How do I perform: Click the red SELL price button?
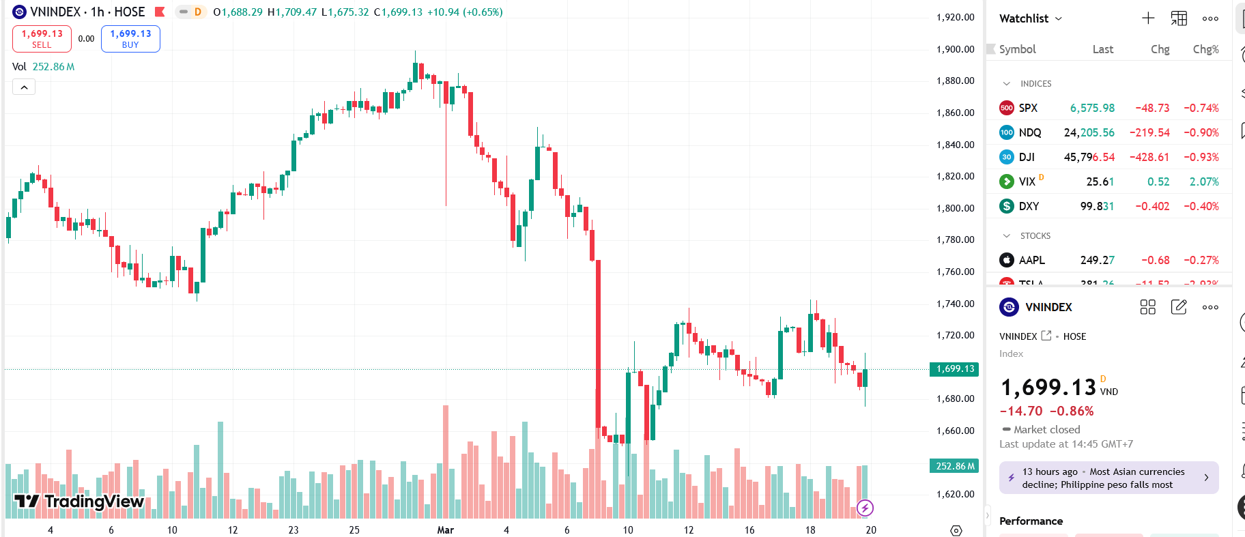pos(42,38)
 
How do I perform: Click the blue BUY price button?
pos(130,38)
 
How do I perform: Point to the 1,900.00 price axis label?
pos(955,49)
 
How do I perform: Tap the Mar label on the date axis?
pos(445,529)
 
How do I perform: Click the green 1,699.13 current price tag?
pos(954,369)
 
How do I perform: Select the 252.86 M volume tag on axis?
pos(954,466)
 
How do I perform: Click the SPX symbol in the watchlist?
pos(1028,108)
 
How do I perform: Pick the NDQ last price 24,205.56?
pos(1089,132)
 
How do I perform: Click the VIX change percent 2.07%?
pos(1203,182)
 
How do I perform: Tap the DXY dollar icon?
pos(1006,206)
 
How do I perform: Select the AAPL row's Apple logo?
pos(1006,260)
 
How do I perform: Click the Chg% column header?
pos(1205,49)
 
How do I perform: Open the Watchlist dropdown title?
pos(1030,18)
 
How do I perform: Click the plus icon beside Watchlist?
pos(1148,18)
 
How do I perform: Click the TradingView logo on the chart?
pos(79,502)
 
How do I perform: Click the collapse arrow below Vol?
pos(24,87)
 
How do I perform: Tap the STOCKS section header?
pos(1035,235)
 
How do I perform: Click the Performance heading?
pos(1031,521)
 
